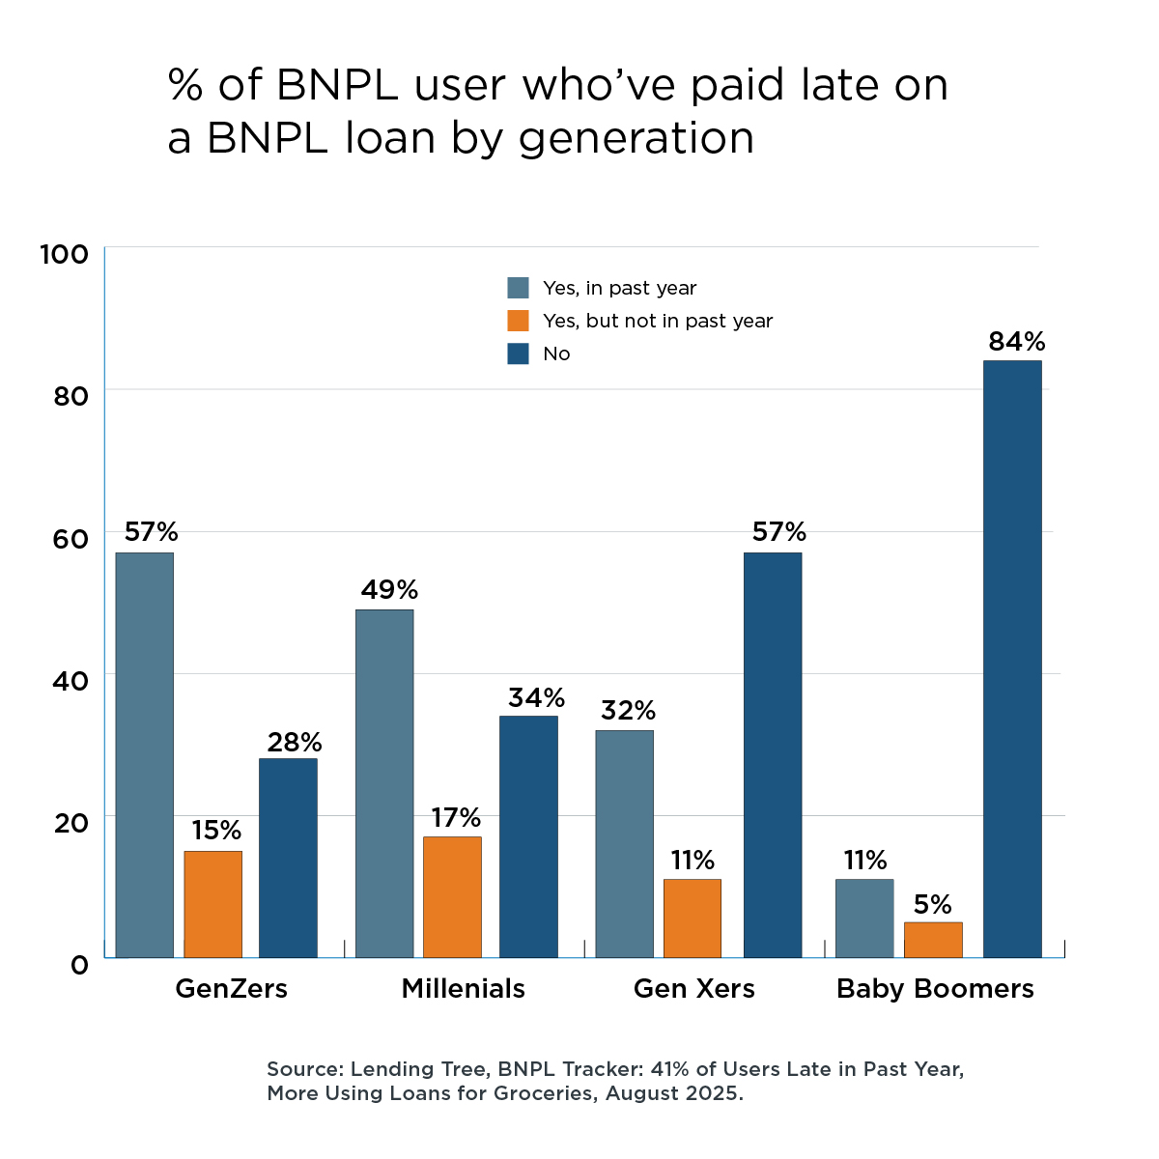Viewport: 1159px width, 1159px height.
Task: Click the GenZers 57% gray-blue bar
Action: point(145,754)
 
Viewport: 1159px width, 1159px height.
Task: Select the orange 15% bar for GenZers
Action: point(212,904)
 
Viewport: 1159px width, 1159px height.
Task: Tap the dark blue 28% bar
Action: point(288,858)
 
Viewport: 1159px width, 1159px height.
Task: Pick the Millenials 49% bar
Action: point(384,783)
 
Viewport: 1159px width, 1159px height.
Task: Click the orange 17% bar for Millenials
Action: point(452,897)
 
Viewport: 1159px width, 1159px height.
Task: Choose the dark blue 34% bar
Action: point(528,836)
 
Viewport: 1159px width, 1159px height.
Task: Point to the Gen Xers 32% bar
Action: point(624,843)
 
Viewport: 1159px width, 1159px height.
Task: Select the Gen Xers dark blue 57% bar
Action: point(773,754)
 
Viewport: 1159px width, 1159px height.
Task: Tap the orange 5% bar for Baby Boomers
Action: point(933,940)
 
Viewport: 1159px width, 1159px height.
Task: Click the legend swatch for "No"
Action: point(519,353)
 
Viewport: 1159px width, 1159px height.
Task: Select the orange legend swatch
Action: point(519,321)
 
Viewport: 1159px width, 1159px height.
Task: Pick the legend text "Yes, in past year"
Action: point(619,288)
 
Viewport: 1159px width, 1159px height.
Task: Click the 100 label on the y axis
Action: point(64,254)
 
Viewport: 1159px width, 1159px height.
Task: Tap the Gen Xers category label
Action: point(693,988)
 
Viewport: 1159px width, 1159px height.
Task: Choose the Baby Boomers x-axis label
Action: point(935,988)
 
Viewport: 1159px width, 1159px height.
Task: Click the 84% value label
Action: point(1016,341)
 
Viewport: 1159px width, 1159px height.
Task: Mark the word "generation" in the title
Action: point(636,138)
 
